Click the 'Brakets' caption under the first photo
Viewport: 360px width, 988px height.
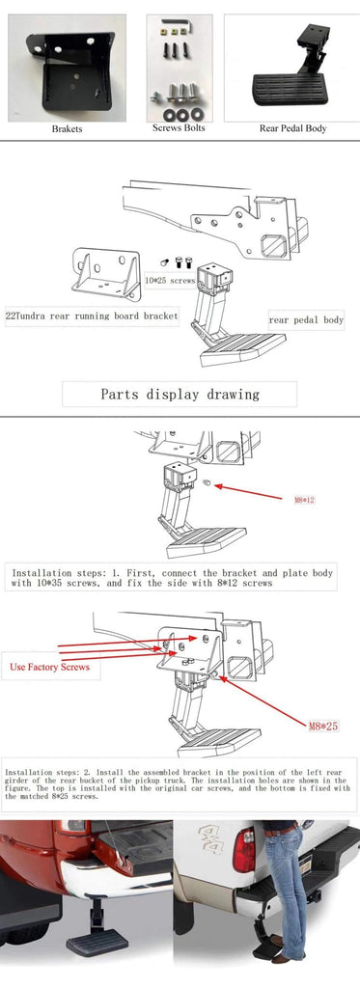[67, 128]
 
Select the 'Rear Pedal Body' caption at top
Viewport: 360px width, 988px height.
[292, 128]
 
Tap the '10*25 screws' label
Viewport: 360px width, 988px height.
[169, 280]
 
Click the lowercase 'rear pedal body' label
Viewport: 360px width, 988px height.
[306, 319]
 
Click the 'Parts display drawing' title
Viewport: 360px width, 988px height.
[180, 394]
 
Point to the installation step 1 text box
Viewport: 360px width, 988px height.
[171, 577]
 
